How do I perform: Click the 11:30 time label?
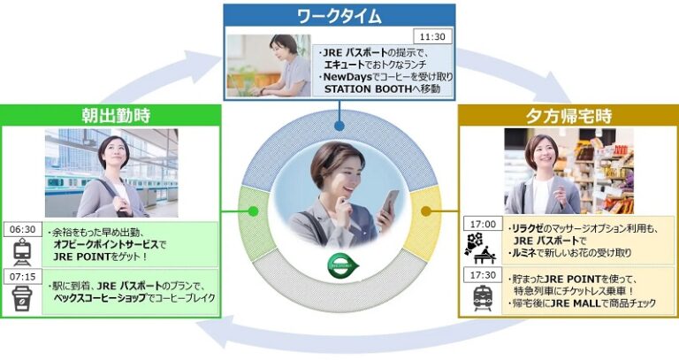432,37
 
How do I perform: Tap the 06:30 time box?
23,229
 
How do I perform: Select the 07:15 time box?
23,276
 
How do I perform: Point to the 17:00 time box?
483,224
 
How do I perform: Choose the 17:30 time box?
483,275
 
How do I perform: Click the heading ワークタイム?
339,17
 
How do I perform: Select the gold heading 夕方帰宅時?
568,116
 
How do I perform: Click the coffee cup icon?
22,298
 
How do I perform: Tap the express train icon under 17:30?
483,298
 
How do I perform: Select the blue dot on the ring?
339,126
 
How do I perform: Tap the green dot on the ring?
254,211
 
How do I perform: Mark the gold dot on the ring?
425,211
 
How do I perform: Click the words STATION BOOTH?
368,88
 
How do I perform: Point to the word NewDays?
347,77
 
